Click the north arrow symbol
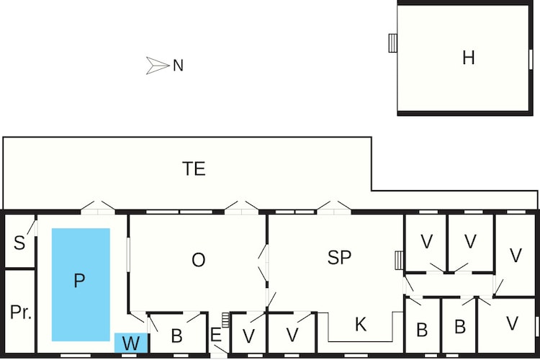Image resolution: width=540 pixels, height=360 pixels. pyautogui.click(x=158, y=66)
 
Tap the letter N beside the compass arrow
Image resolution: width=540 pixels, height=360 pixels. pyautogui.click(x=178, y=66)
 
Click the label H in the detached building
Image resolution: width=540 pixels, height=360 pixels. pyautogui.click(x=469, y=58)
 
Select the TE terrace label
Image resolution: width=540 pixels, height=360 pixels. pyautogui.click(x=194, y=168)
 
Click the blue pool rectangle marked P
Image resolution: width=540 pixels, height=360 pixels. pyautogui.click(x=81, y=284)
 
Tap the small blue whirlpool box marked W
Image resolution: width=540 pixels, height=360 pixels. pyautogui.click(x=131, y=343)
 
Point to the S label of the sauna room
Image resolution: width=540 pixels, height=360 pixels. pyautogui.click(x=19, y=243)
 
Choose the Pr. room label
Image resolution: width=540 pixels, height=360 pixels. pyautogui.click(x=21, y=312)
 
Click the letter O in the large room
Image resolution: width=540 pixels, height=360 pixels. pyautogui.click(x=199, y=260)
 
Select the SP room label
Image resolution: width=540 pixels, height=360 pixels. pyautogui.click(x=340, y=257)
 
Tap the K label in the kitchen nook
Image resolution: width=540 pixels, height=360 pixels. pyautogui.click(x=360, y=324)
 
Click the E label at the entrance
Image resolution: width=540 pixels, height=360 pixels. pyautogui.click(x=215, y=335)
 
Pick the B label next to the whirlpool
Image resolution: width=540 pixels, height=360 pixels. pyautogui.click(x=176, y=336)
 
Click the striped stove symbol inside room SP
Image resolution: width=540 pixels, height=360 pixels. pyautogui.click(x=399, y=260)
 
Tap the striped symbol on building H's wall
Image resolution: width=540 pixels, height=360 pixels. pyautogui.click(x=392, y=43)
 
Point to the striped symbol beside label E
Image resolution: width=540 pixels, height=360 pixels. pyautogui.click(x=225, y=320)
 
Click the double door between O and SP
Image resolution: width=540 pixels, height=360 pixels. pyautogui.click(x=263, y=263)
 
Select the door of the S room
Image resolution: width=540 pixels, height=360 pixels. pyautogui.click(x=32, y=228)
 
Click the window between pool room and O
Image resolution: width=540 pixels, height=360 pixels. pyautogui.click(x=128, y=254)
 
